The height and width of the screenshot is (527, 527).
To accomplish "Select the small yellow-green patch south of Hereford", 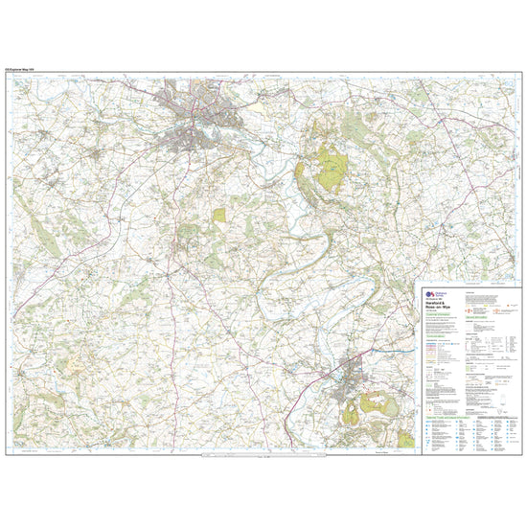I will pos(219,216).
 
